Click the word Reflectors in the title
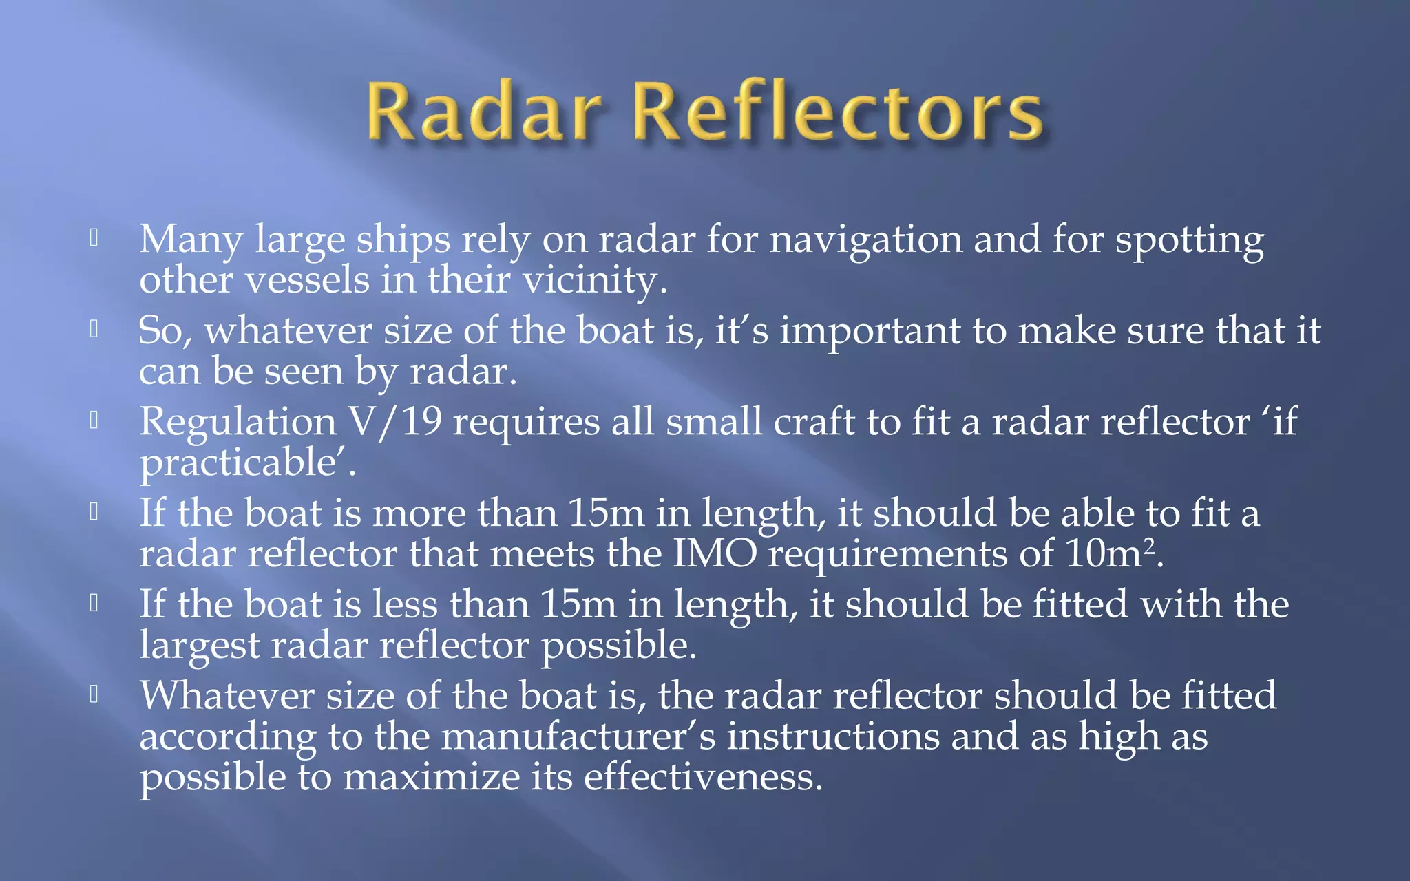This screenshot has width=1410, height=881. [x=837, y=112]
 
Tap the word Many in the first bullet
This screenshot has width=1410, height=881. [x=191, y=240]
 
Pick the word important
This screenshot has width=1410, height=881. [x=870, y=332]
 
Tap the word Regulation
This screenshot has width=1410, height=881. [x=238, y=423]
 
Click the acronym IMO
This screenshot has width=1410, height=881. [x=714, y=554]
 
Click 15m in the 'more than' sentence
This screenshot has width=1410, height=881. [x=606, y=513]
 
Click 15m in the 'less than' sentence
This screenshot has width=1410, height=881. [x=578, y=605]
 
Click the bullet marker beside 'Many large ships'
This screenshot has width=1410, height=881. [x=94, y=238]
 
